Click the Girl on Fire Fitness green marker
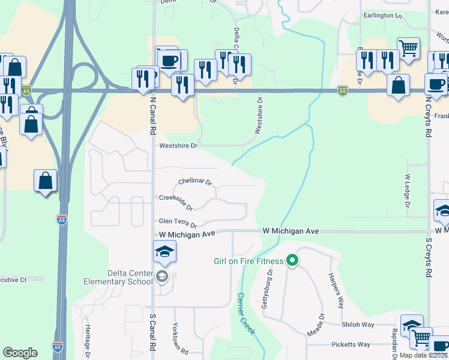tap(292, 260)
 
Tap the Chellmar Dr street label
tap(196, 181)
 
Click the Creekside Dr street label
tap(175, 202)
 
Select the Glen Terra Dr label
tap(178, 223)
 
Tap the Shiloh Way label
tap(358, 325)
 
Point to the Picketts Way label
tap(351, 344)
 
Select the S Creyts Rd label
tap(429, 257)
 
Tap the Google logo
tap(20, 353)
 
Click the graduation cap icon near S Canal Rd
tap(164, 252)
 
